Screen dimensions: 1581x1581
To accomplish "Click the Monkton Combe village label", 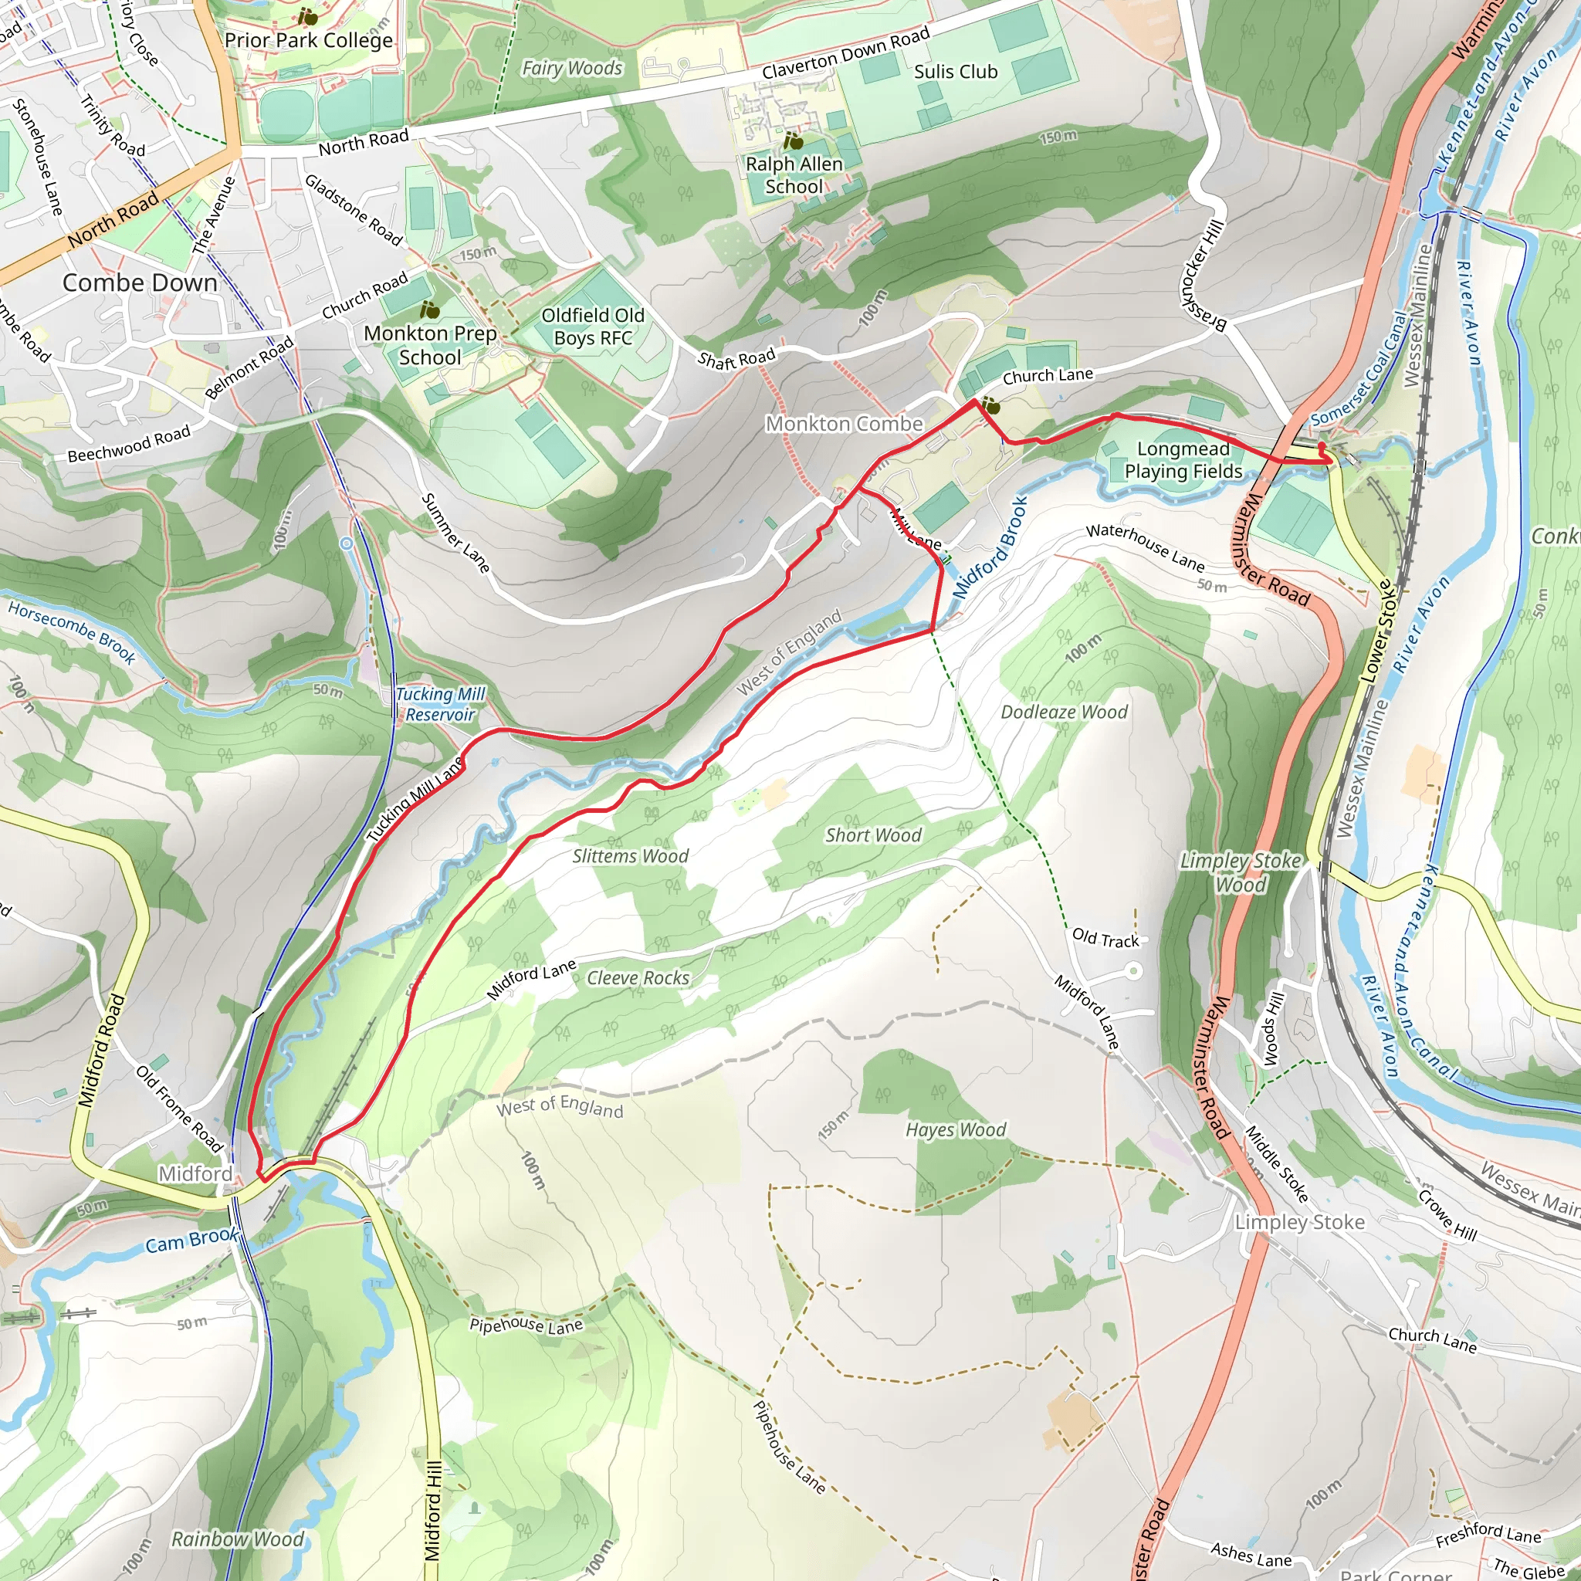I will click(x=844, y=424).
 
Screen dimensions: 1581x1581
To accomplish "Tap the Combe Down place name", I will click(x=140, y=283).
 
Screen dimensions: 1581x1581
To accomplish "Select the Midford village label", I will click(x=195, y=1173).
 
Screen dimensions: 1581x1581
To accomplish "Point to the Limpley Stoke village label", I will click(x=1299, y=1222).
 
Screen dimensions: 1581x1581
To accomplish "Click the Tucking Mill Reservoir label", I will click(x=440, y=704).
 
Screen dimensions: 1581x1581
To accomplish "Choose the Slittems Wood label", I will click(x=630, y=856).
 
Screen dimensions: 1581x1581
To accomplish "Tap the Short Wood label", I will click(x=873, y=835).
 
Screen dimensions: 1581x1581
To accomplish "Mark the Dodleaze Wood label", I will click(x=1064, y=712).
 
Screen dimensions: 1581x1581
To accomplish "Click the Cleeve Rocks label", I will click(x=638, y=978).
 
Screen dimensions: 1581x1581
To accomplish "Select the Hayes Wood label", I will click(x=955, y=1129).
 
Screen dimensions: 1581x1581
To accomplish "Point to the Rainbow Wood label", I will click(x=237, y=1539).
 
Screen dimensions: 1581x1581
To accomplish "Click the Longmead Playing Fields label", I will click(x=1183, y=460).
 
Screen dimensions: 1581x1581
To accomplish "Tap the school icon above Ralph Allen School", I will click(x=793, y=140).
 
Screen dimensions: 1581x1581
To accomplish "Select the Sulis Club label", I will click(x=956, y=72).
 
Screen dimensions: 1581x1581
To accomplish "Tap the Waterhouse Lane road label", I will click(x=1145, y=547).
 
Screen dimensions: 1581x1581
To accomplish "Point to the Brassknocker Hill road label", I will click(x=1201, y=276).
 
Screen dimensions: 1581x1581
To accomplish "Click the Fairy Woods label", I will click(x=572, y=69).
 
